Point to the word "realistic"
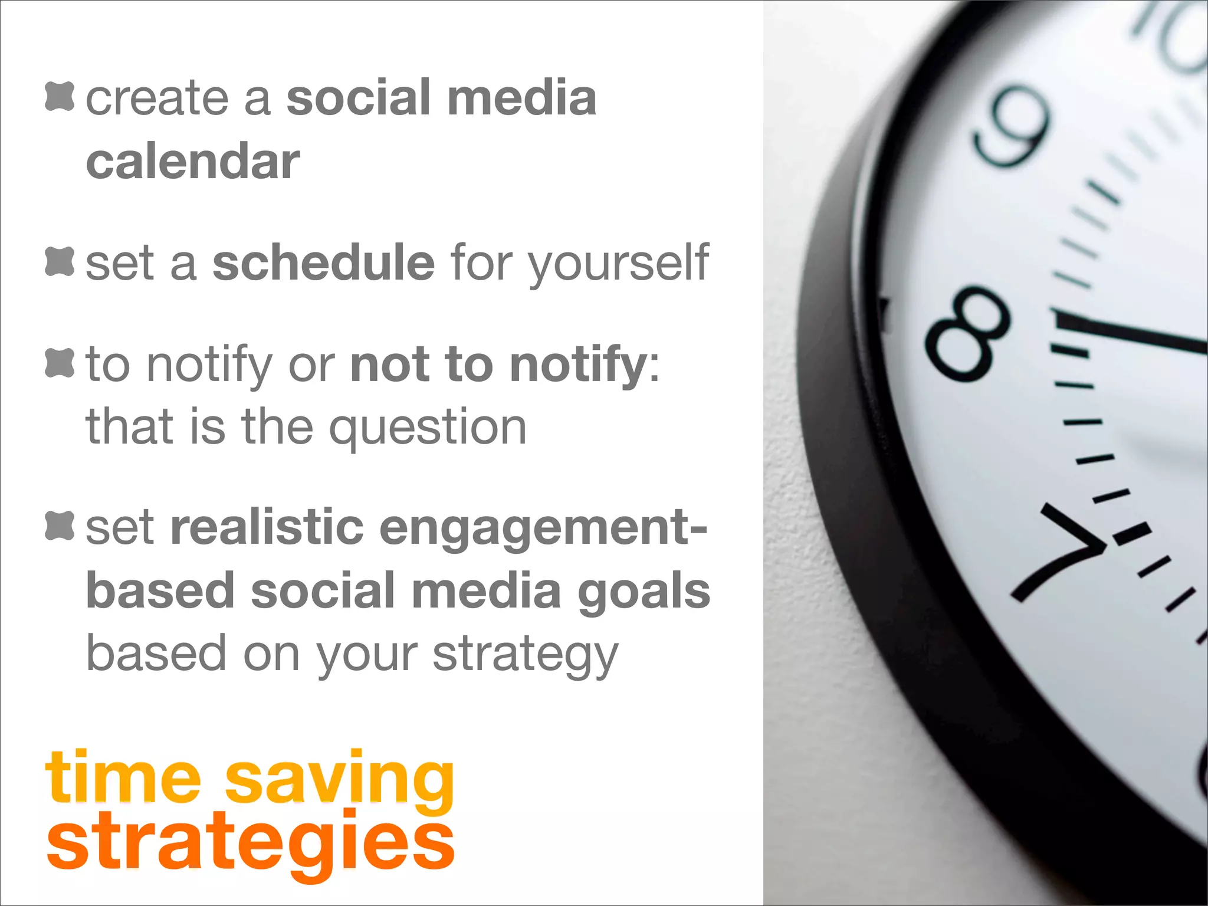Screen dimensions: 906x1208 click(x=267, y=527)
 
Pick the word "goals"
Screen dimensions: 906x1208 click(x=644, y=592)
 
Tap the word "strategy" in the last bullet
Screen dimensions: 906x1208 click(x=525, y=655)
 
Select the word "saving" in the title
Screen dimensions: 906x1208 click(x=340, y=779)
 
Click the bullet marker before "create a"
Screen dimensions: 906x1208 click(x=60, y=96)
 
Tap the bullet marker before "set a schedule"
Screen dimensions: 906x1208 click(x=60, y=261)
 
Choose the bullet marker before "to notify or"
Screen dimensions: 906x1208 click(x=60, y=363)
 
